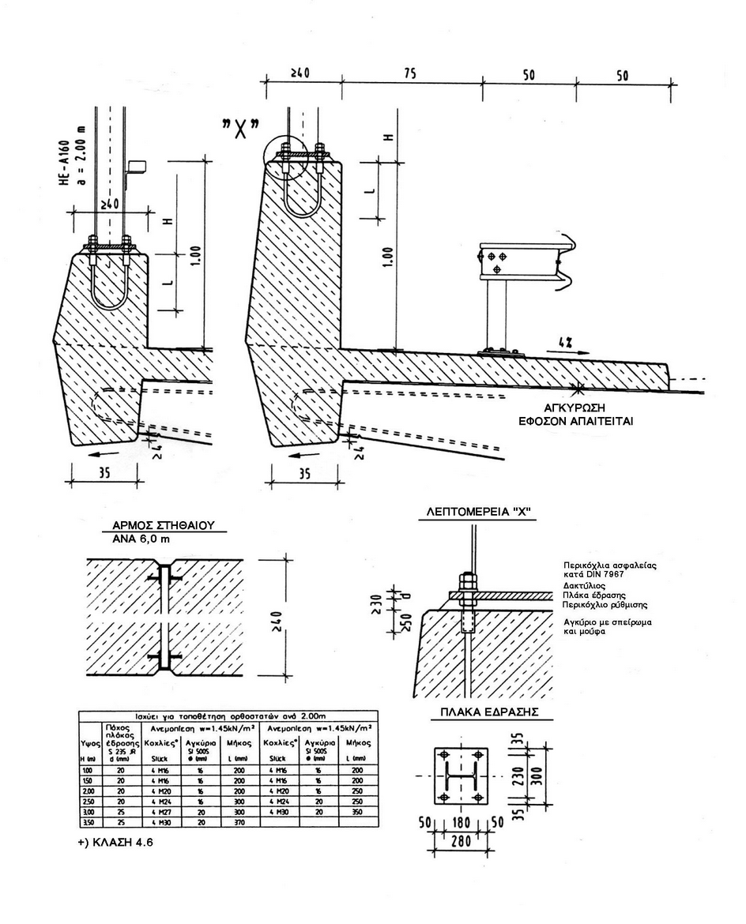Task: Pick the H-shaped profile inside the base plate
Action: click(x=461, y=777)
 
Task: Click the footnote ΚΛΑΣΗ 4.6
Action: click(x=115, y=842)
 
